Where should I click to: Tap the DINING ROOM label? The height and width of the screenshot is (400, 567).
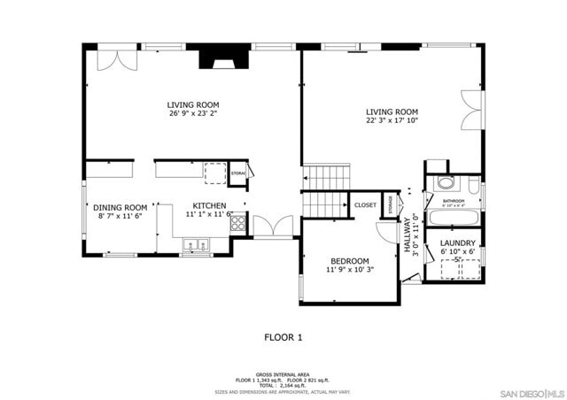pos(120,207)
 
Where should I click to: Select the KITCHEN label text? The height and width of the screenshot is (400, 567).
pos(210,205)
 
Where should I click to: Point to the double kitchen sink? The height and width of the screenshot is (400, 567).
pos(196,242)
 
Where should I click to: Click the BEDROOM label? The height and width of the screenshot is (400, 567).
pos(349,261)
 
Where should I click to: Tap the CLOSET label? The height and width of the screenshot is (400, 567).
pos(365,205)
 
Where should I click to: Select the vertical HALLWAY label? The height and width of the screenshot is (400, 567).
pos(408,235)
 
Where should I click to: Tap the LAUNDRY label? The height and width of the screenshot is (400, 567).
pos(458,242)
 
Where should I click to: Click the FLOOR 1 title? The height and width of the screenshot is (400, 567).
pos(283,337)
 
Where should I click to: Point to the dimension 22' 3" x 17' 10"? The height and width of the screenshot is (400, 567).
pos(392,121)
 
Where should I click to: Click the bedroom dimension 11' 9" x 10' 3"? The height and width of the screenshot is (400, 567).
pos(349,270)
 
